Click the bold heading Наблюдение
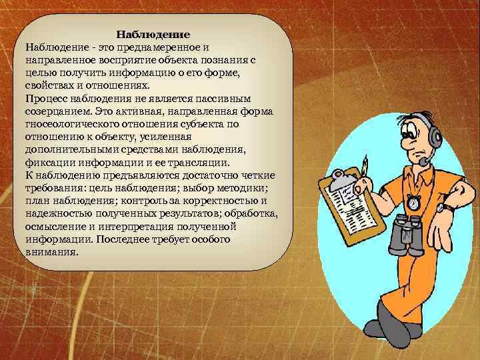(x=153, y=34)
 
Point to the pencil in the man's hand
(x=365, y=166)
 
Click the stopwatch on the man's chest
(x=413, y=201)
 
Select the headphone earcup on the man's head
(x=435, y=139)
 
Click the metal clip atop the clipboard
(x=340, y=179)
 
